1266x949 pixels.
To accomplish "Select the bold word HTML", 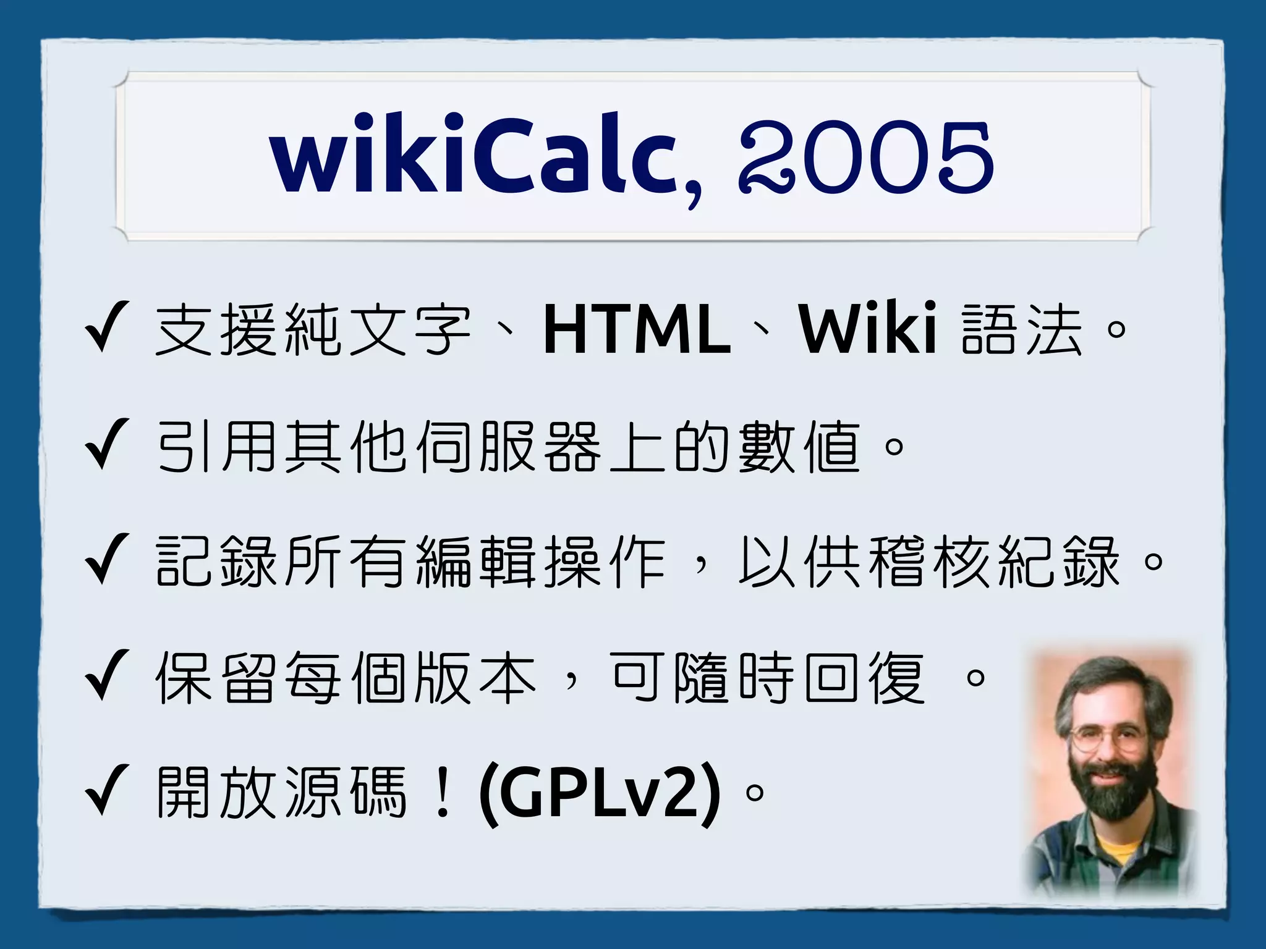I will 637,331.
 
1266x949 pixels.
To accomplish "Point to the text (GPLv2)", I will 600,793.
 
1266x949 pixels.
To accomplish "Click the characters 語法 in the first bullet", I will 1023,331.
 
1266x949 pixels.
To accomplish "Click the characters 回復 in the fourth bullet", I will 865,678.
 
